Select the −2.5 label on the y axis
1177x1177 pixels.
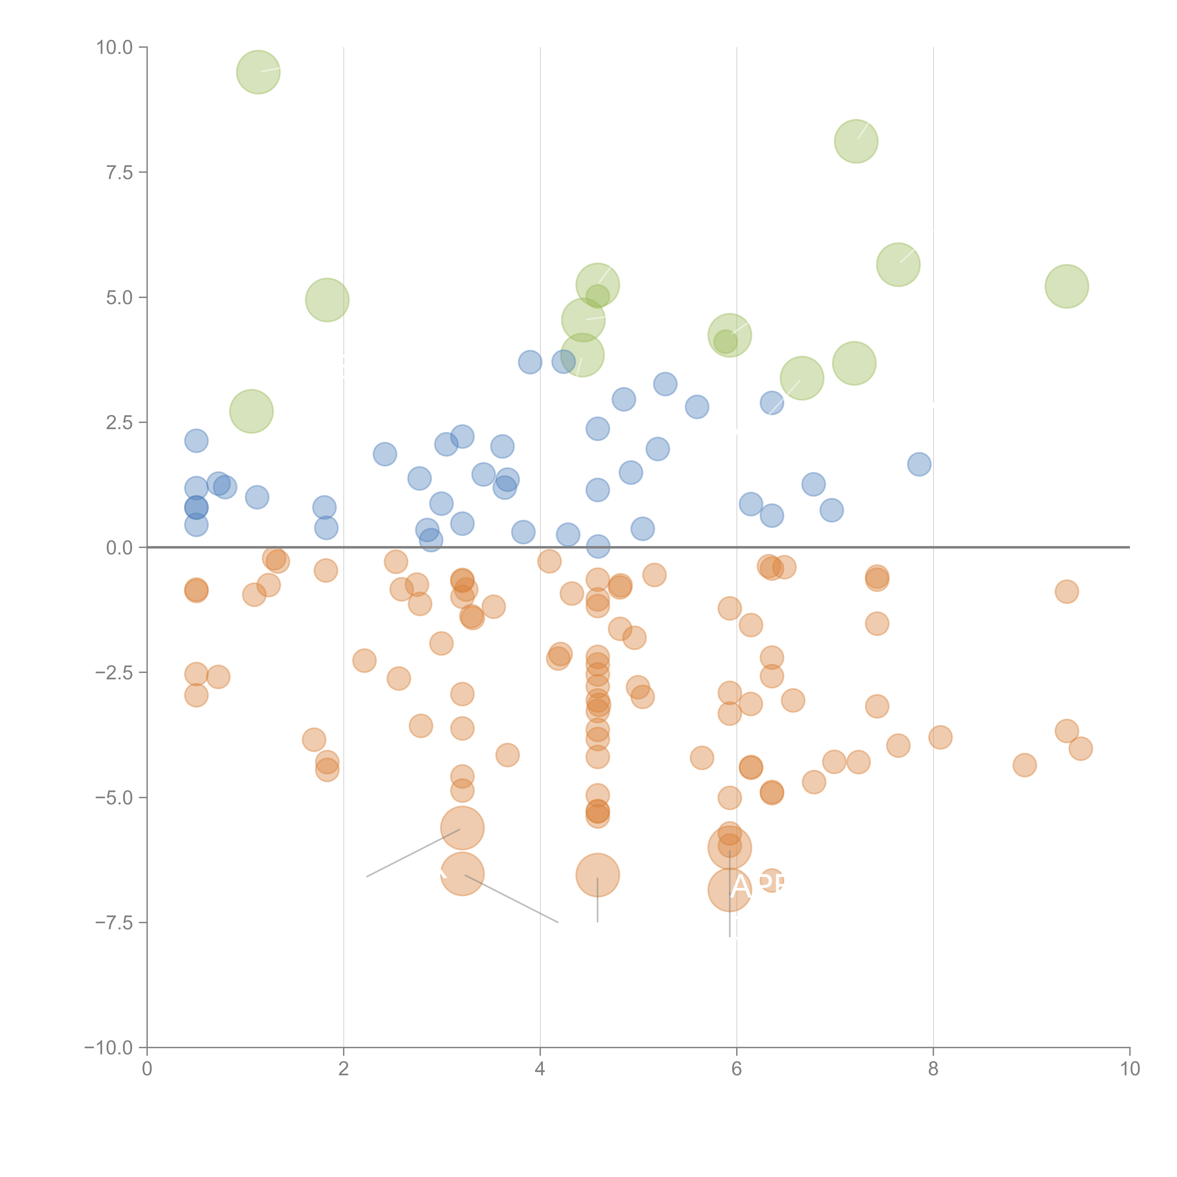pos(113,673)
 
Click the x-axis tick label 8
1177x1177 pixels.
pos(933,1069)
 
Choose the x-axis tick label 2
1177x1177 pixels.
pos(344,1069)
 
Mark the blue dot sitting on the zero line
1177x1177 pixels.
pos(598,546)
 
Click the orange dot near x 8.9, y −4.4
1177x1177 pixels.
pos(1025,765)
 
